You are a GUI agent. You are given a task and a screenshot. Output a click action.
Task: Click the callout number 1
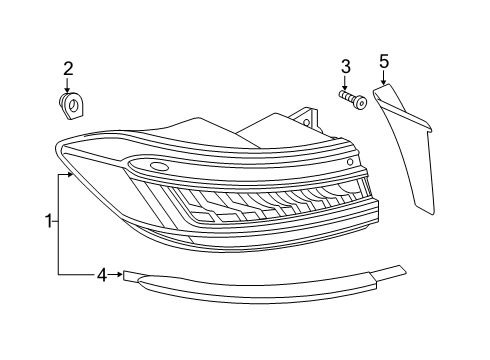tap(49, 221)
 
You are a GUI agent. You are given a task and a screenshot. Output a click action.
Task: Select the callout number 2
tap(68, 69)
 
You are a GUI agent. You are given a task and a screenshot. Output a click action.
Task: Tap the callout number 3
tap(346, 66)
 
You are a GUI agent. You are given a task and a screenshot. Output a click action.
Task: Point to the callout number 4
tap(102, 275)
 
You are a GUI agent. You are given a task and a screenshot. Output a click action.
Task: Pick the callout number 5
tap(384, 62)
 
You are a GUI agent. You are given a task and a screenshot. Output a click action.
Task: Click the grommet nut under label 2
tap(71, 106)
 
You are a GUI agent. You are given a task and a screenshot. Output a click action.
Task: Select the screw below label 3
tap(353, 99)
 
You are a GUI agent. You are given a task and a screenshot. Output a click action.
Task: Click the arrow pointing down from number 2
tap(67, 85)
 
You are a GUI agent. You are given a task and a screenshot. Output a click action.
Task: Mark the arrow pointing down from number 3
tap(345, 83)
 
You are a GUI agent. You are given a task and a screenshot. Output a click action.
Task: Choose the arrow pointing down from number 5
tap(383, 77)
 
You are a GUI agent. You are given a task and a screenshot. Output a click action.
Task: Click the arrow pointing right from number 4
tap(115, 275)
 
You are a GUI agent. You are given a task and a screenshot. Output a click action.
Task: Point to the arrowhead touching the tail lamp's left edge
tap(69, 174)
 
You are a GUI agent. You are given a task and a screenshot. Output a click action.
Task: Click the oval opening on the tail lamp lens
tap(156, 165)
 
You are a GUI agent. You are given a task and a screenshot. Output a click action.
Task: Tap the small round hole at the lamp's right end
tap(350, 162)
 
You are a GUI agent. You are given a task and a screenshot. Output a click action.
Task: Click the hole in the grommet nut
tap(74, 105)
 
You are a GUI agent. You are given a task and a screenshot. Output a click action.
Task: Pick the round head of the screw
tap(361, 102)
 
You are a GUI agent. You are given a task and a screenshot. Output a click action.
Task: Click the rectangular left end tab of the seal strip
tap(131, 275)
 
